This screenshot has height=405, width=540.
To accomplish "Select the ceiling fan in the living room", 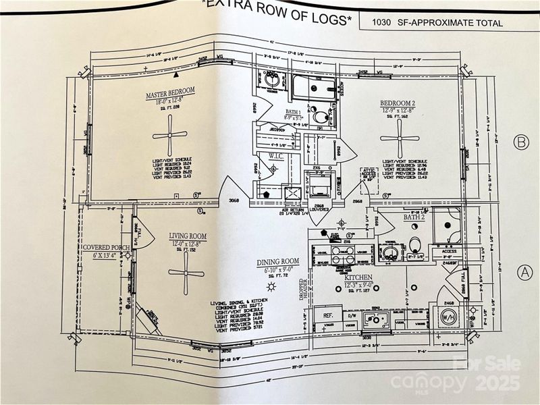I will pos(186,272).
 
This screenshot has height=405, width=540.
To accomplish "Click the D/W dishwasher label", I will pos(351,315).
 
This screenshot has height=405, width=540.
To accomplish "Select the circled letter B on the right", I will pos(520,143).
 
